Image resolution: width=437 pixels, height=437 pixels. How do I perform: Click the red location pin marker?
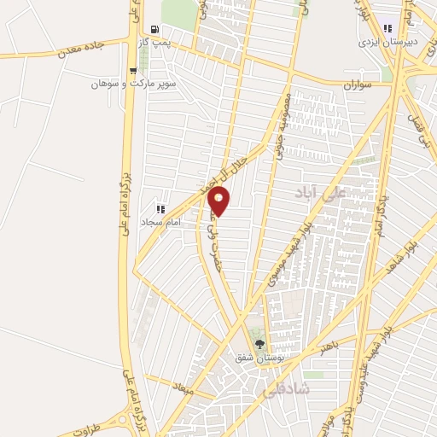219,201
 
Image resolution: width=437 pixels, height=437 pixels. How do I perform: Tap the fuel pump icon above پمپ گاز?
154,28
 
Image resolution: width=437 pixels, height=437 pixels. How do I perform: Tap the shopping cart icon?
132,71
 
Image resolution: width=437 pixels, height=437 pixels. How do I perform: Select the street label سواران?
359,85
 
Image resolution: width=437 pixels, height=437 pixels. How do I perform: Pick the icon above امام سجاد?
160,208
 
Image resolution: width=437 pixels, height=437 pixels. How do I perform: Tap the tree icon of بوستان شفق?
259,346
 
